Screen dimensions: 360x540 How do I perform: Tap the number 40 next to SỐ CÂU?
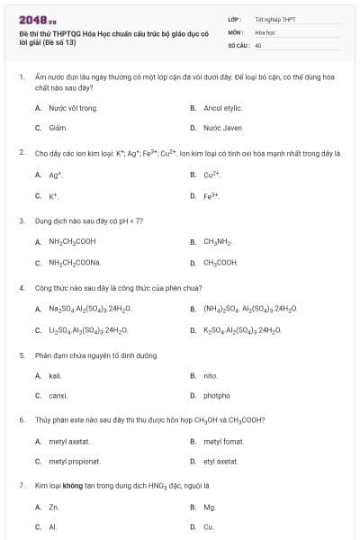coord(258,44)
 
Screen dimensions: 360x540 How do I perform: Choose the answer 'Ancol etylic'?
coord(224,108)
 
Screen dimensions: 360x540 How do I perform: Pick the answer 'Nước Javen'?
coord(223,128)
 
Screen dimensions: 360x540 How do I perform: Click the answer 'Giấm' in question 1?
coord(58,128)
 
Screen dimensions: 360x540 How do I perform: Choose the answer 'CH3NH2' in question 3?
coord(218,241)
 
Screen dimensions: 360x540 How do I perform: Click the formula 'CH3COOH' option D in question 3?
coord(221,263)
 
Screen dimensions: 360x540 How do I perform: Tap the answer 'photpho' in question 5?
coord(217,396)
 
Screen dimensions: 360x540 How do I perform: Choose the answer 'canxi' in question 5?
coord(58,396)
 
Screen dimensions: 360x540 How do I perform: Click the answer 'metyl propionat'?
coord(75,461)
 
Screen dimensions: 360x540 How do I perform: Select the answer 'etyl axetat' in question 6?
coord(220,461)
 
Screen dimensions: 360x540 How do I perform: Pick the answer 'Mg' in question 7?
coord(209,507)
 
